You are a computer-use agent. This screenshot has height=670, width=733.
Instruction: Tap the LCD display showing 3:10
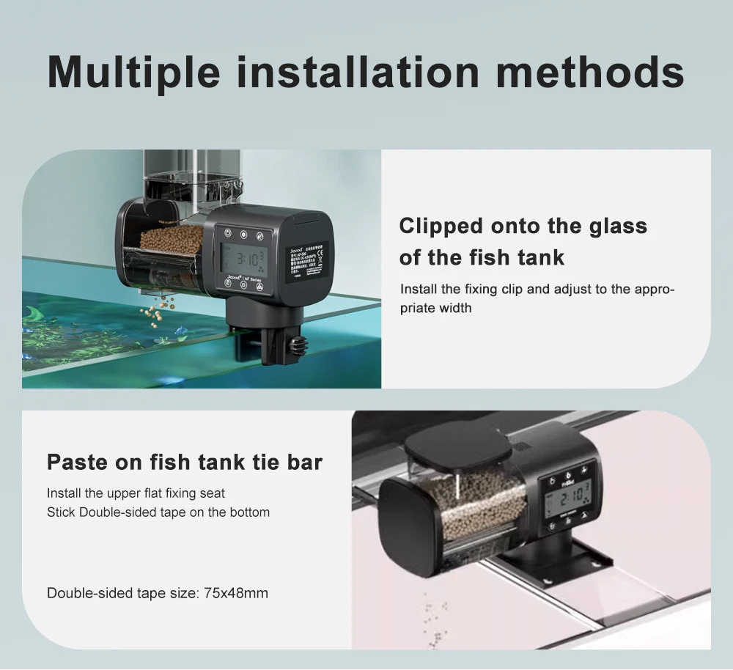243,258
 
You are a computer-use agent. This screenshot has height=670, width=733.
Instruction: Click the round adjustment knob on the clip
296,345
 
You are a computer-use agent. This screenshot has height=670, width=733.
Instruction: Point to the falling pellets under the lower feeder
434,619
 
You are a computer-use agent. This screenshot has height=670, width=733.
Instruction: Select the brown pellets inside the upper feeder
171,239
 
